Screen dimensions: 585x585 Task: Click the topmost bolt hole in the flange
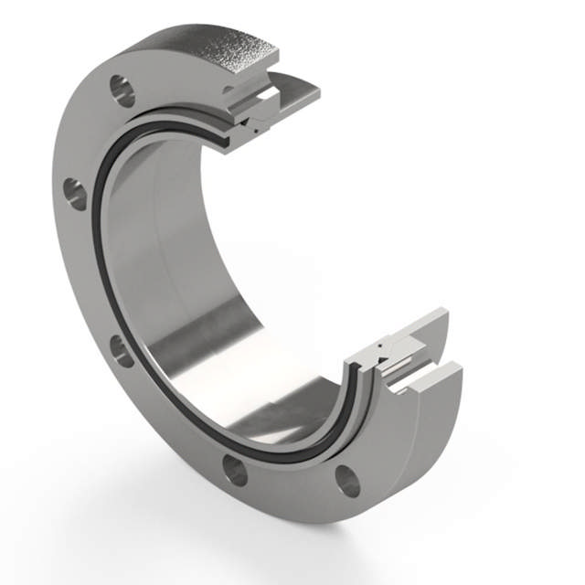122,90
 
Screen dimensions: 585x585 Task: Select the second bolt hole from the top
75,194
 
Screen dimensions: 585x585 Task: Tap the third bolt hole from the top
122,350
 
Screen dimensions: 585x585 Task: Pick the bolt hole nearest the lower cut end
347,481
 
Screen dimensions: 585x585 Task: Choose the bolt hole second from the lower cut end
235,470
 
